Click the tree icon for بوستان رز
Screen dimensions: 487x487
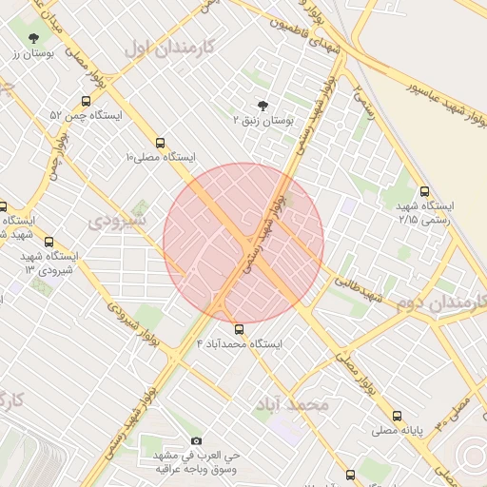pyautogui.click(x=34, y=38)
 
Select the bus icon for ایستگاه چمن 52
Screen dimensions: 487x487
pyautogui.click(x=86, y=101)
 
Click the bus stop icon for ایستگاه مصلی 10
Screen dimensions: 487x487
pyautogui.click(x=160, y=141)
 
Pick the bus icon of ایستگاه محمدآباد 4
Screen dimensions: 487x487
pyautogui.click(x=238, y=328)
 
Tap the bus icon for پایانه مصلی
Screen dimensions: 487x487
pyautogui.click(x=397, y=416)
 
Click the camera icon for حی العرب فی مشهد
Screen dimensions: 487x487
pyautogui.click(x=197, y=440)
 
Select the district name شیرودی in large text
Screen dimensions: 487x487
pyautogui.click(x=119, y=221)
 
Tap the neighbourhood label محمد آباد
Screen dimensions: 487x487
pyautogui.click(x=291, y=405)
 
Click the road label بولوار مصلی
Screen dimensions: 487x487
pyautogui.click(x=355, y=367)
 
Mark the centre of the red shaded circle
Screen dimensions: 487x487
pyautogui.click(x=243, y=243)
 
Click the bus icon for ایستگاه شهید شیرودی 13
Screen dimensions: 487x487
pyautogui.click(x=49, y=242)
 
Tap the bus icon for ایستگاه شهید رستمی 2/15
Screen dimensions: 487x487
pyautogui.click(x=423, y=191)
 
